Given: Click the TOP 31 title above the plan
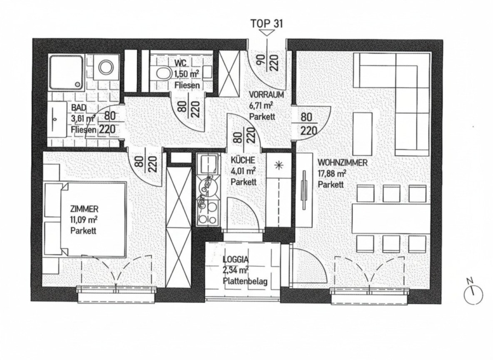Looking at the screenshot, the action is click(267, 23).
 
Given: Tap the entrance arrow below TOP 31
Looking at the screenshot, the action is click(267, 33).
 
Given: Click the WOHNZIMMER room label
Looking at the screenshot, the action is click(342, 163).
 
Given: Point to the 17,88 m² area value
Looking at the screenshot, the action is click(332, 173).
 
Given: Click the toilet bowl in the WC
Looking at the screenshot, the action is click(162, 74).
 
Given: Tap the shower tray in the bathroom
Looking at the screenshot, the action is click(66, 72).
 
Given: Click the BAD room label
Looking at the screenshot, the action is click(78, 107).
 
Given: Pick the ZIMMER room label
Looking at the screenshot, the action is click(84, 209).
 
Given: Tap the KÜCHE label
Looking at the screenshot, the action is click(243, 160).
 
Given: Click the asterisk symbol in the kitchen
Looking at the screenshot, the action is click(278, 165).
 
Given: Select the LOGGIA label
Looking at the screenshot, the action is click(236, 260).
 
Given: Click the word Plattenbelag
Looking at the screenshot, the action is click(245, 281).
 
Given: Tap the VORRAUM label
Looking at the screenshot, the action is click(266, 95).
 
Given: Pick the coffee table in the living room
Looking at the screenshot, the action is click(363, 133).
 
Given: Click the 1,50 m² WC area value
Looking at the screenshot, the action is click(187, 75).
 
